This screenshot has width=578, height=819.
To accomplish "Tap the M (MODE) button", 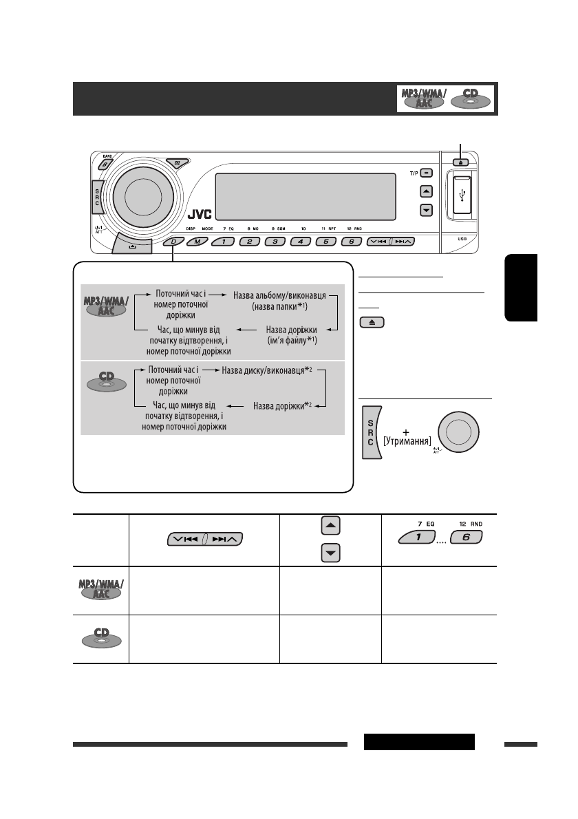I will tap(197, 242).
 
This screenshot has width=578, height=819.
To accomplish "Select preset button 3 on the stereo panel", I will tap(275, 242).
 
